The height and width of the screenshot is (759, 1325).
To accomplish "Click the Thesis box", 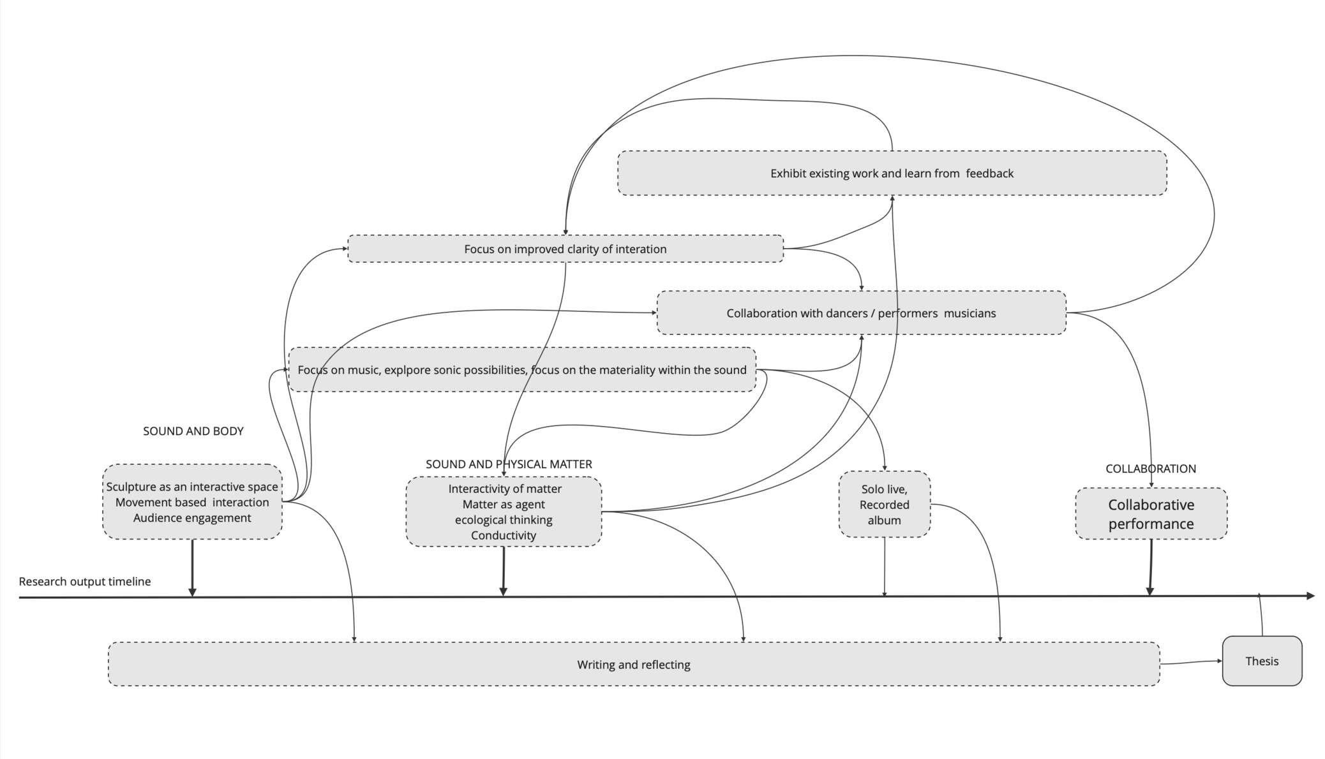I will tap(1261, 661).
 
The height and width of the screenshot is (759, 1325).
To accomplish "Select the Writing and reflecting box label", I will tap(633, 665).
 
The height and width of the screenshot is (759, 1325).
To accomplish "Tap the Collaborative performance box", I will tap(1150, 514).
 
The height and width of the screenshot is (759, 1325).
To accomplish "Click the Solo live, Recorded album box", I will tap(884, 505).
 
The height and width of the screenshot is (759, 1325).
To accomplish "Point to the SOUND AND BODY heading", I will tap(193, 431).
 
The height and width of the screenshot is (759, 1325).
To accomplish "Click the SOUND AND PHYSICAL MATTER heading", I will tap(509, 464).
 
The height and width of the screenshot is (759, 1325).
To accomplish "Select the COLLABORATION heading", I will tap(1150, 469).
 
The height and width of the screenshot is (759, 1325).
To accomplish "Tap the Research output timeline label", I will tap(85, 582).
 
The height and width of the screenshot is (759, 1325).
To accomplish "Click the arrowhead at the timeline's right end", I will tap(1310, 596).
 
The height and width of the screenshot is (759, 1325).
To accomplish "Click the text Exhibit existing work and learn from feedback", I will tap(891, 173).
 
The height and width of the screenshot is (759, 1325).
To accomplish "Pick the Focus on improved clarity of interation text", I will tap(565, 249).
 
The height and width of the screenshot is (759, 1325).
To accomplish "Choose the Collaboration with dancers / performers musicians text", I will tap(860, 313).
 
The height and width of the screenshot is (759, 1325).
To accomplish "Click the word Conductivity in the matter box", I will tap(503, 536).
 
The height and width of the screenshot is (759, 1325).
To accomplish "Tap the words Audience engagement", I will tap(192, 518).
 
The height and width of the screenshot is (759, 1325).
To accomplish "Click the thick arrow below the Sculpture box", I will tap(192, 568).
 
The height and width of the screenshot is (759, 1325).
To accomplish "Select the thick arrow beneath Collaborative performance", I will tap(1150, 568).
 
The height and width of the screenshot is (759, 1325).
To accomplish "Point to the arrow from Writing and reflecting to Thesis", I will tap(1190, 663).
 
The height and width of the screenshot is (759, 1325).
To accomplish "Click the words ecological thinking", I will tap(503, 520).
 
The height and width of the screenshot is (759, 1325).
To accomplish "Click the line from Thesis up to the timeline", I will tap(1261, 615).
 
